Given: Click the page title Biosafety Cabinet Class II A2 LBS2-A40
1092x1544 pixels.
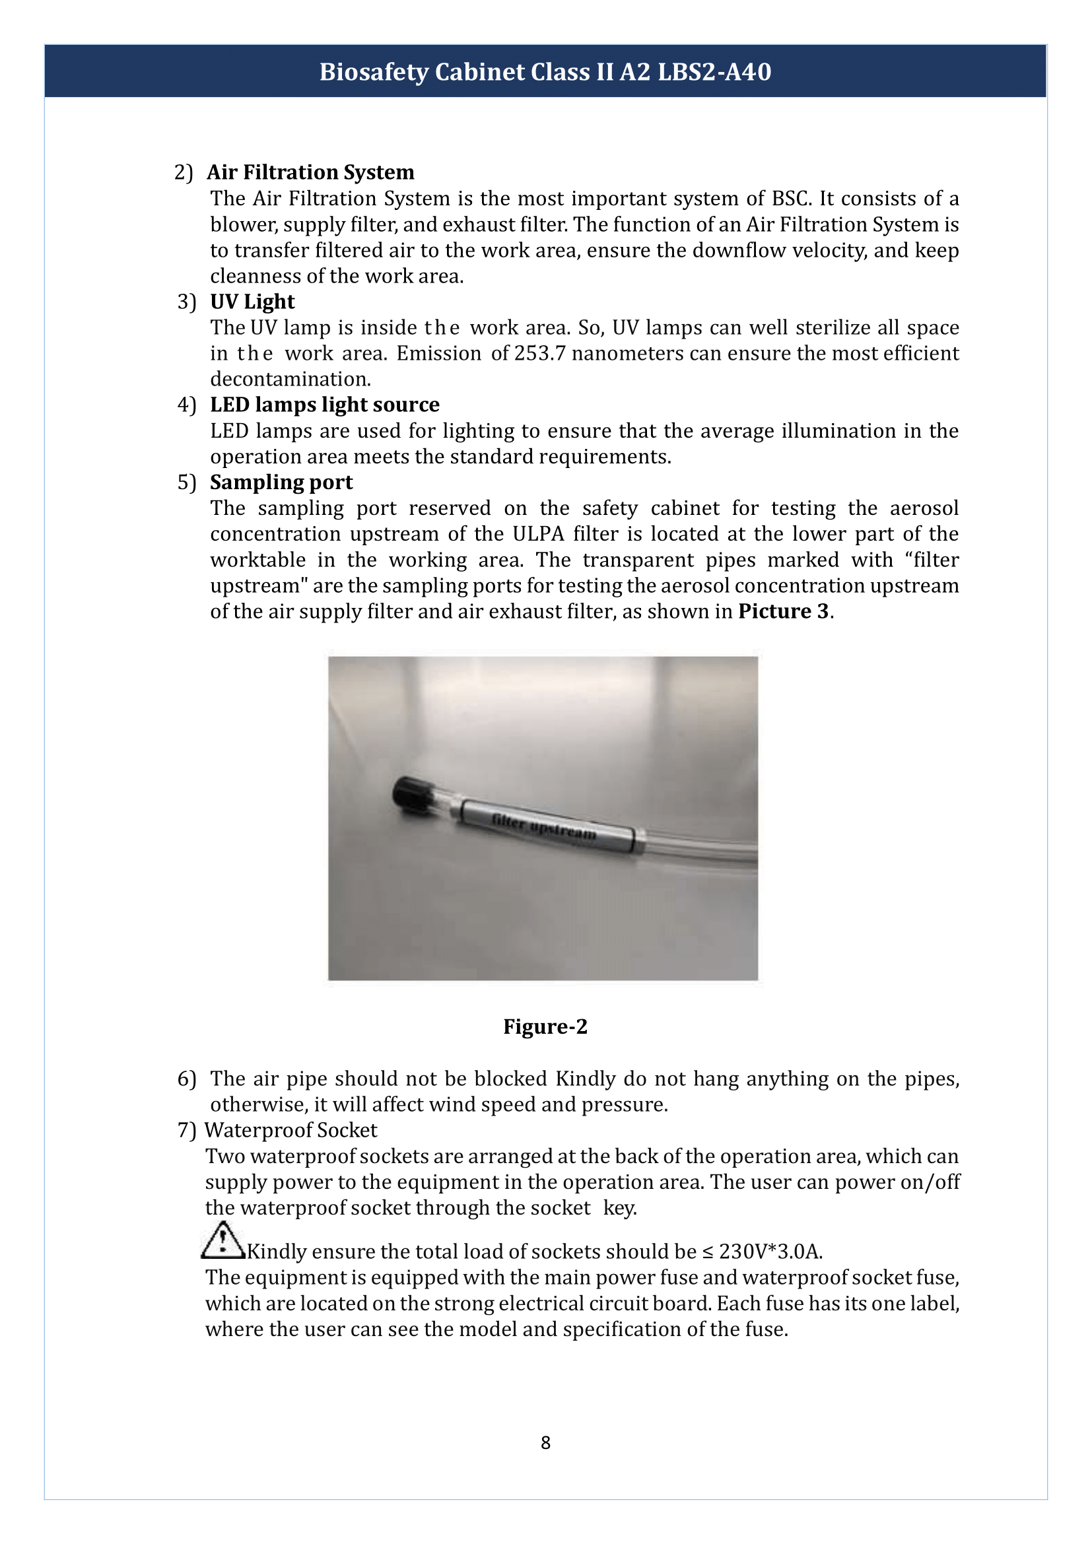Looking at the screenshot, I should point(545,72).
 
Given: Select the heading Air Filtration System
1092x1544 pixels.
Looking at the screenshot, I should point(310,172).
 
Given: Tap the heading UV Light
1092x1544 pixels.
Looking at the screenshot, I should point(252,301).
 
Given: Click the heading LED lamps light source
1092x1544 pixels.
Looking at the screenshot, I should point(324,404).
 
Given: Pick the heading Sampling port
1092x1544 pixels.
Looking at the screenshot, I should point(281,482).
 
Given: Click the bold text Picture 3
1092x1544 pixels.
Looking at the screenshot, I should point(784,611).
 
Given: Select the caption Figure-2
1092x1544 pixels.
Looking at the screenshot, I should point(545,1027).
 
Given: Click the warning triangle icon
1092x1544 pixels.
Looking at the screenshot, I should point(223,1241).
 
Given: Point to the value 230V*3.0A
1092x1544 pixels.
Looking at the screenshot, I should point(770,1252).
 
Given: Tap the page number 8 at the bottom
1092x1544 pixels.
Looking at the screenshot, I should point(545,1442).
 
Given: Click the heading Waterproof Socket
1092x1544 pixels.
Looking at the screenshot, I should point(290,1130).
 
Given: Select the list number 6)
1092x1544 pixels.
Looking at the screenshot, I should point(186,1079).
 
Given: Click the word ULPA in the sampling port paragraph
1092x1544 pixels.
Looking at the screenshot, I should point(537,534).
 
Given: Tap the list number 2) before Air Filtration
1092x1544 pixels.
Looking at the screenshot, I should point(183,173).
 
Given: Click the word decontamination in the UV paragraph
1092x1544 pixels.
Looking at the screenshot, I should point(290,380).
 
